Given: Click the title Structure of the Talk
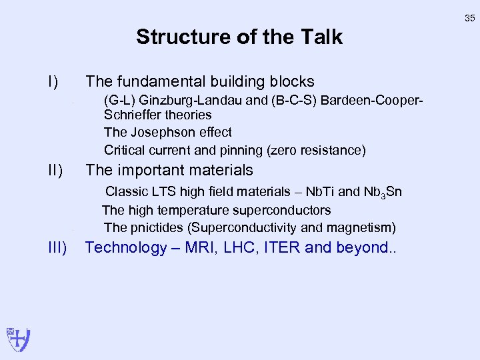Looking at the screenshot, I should tap(239, 37).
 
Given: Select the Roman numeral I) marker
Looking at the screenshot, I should tap(53, 82).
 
